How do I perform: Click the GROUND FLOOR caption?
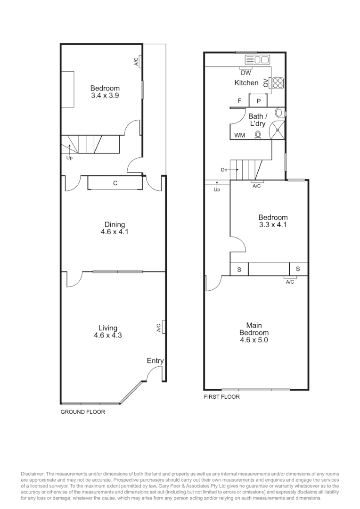[82, 412]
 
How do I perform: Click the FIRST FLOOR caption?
[221, 397]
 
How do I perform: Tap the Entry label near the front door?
[155, 361]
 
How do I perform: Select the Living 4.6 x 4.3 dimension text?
[108, 336]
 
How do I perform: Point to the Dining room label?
[115, 225]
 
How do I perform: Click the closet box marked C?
[115, 183]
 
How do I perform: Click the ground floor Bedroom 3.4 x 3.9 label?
[105, 91]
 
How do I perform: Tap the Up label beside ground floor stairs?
[69, 158]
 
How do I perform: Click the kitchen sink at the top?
[257, 60]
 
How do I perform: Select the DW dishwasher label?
[245, 73]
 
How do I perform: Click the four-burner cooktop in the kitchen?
[278, 83]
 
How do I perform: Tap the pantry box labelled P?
[259, 101]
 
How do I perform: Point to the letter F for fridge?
[239, 101]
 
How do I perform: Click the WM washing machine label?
[239, 136]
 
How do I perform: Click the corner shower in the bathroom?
[278, 129]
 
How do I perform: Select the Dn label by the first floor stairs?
[224, 169]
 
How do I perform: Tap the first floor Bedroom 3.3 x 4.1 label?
[273, 221]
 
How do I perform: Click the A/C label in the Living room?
[158, 327]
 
